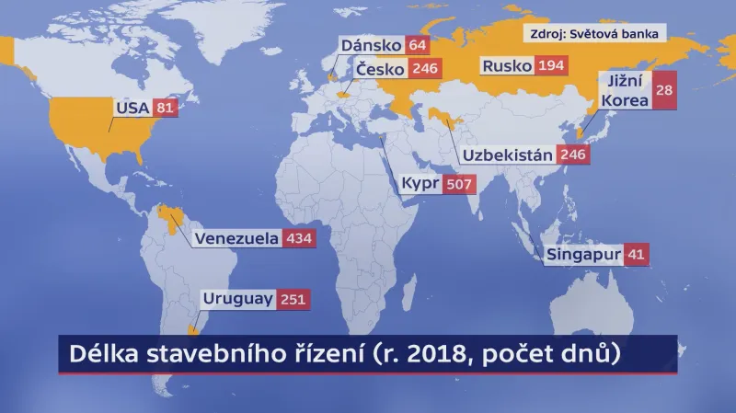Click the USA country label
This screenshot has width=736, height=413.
click(131, 108)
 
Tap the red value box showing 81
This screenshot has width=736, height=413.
click(164, 108)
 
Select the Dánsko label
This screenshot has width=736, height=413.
click(372, 45)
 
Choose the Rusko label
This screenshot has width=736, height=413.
click(506, 65)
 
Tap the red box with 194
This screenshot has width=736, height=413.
click(553, 65)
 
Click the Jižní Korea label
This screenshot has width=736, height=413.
click(624, 90)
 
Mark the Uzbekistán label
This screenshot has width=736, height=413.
click(508, 154)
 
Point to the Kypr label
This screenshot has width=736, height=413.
click(419, 184)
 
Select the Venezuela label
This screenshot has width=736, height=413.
click(236, 238)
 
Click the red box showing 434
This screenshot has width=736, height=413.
click(300, 238)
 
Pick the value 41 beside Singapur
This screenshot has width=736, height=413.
click(636, 255)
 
